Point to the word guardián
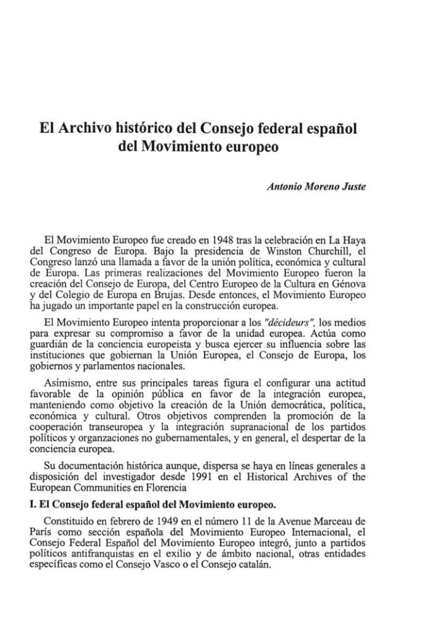point(51,345)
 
